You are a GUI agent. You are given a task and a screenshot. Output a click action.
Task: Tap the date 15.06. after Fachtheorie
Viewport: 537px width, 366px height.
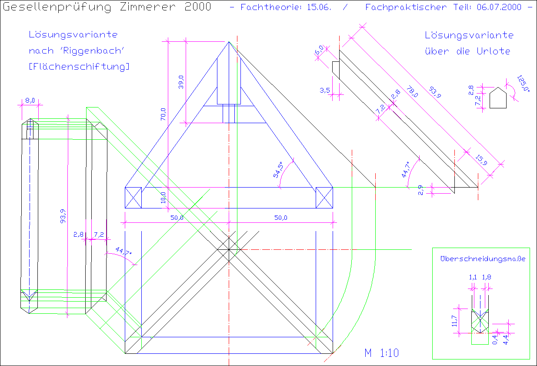click(317, 7)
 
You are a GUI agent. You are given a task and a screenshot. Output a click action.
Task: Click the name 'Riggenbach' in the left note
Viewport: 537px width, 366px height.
click(92, 51)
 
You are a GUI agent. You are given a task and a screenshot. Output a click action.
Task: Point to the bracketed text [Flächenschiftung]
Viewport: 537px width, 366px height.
click(79, 67)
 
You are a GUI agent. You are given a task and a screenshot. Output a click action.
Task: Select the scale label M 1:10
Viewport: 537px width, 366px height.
click(382, 353)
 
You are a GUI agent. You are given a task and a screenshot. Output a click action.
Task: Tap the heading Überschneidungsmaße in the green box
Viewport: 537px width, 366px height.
click(483, 259)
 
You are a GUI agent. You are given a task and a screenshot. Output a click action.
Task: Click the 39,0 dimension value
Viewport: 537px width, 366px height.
click(181, 82)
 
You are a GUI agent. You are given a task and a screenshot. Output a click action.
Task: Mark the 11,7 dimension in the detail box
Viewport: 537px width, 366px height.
click(454, 321)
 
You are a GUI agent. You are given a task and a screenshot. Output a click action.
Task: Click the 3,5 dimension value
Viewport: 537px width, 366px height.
click(324, 90)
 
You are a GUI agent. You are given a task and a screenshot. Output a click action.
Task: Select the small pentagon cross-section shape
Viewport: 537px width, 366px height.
click(498, 98)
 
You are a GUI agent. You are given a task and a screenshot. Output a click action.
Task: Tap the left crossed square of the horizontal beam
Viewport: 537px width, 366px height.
click(133, 198)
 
